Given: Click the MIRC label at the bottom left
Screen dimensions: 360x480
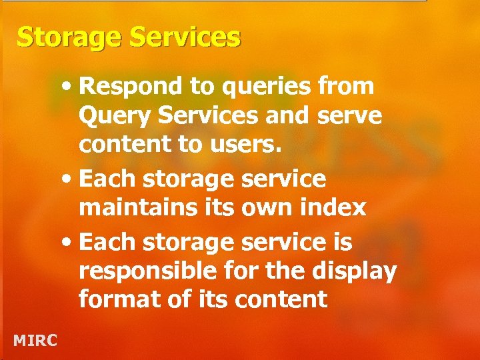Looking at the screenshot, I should click(35, 341).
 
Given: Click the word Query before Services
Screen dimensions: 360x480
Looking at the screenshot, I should click(110, 117).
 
